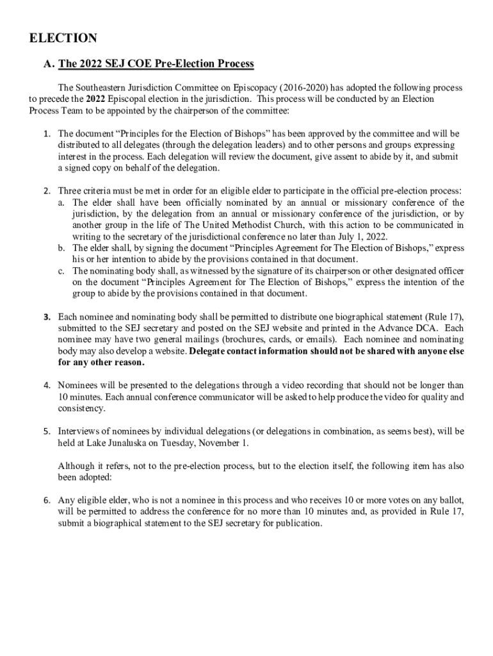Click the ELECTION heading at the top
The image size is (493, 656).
(x=63, y=38)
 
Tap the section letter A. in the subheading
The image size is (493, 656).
(x=49, y=64)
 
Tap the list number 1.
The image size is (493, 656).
(x=47, y=134)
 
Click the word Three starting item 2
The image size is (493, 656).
(x=70, y=191)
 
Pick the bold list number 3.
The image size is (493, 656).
(x=47, y=316)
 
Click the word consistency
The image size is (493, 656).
(x=82, y=409)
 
